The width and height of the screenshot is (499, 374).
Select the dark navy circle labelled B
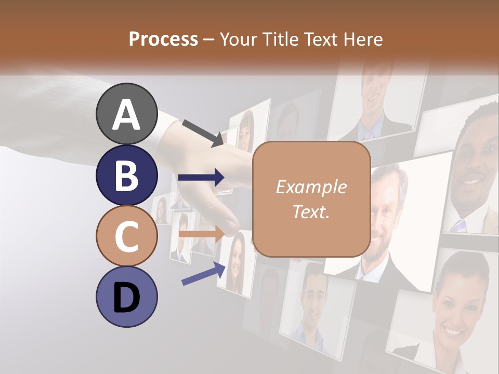pos(126,175)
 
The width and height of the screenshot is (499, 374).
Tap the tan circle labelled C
pos(126,236)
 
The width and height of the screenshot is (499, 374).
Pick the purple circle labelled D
pos(126,297)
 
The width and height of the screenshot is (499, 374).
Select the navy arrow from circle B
pos(201,178)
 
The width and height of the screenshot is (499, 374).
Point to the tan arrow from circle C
pos(201,234)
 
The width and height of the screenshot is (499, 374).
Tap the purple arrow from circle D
pos(203,274)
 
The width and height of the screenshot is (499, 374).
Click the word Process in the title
pos(163,39)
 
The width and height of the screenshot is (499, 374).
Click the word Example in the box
pos(311,187)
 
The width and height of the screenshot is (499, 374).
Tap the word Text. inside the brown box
pos(311,212)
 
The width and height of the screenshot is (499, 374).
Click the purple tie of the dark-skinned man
pos(458,225)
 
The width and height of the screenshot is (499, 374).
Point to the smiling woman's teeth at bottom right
pos(453,330)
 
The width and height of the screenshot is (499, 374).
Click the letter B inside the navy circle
pos(126,175)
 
